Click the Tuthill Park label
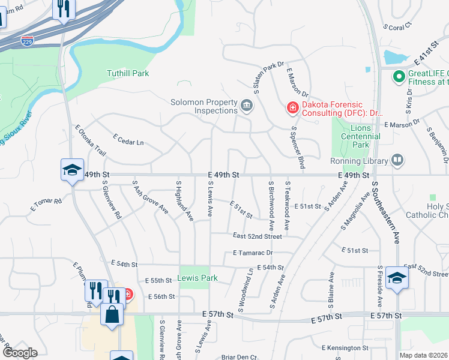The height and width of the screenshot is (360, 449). tap(127, 73)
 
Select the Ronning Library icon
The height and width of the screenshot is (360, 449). tap(396, 160)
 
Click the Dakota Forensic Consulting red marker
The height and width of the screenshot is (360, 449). tap(292, 108)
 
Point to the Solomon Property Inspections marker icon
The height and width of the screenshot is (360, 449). tap(246, 107)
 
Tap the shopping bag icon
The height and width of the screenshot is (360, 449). tap(112, 314)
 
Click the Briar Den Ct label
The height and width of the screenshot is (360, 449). tap(238, 356)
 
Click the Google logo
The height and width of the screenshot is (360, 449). tap(20, 353)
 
